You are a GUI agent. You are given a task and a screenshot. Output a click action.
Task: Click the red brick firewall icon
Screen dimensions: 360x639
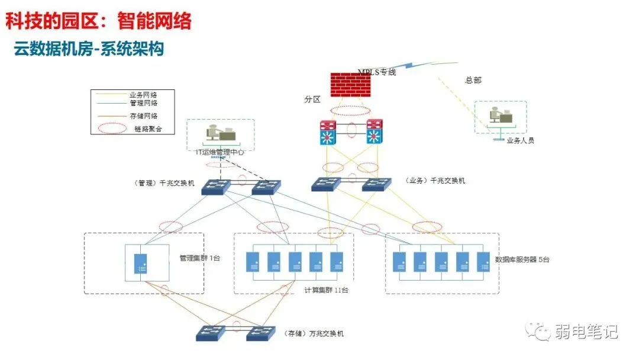354,84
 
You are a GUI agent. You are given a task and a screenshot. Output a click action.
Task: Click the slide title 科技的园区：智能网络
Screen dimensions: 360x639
99,21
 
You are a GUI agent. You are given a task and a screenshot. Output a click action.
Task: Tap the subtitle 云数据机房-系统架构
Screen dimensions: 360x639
89,49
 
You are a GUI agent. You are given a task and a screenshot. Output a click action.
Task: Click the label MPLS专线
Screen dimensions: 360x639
377,72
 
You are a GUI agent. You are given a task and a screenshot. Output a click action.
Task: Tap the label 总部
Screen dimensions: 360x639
473,80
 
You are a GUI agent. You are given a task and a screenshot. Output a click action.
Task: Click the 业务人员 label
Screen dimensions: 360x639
520,141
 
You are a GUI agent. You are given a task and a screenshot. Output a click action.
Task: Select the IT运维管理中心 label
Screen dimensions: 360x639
220,152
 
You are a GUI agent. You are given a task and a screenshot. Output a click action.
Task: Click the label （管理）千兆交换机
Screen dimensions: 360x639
164,183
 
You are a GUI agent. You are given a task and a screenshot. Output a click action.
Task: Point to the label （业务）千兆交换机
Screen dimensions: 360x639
435,181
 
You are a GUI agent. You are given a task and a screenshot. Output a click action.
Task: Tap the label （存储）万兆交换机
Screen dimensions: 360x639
313,333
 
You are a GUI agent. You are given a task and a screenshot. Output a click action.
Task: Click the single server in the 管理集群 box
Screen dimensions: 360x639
141,263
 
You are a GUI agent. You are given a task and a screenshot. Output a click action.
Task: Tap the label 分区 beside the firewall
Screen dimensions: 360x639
312,99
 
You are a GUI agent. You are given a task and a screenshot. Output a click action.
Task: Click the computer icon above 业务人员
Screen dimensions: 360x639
499,116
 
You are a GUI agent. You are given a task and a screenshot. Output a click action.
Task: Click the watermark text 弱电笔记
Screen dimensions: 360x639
586,332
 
